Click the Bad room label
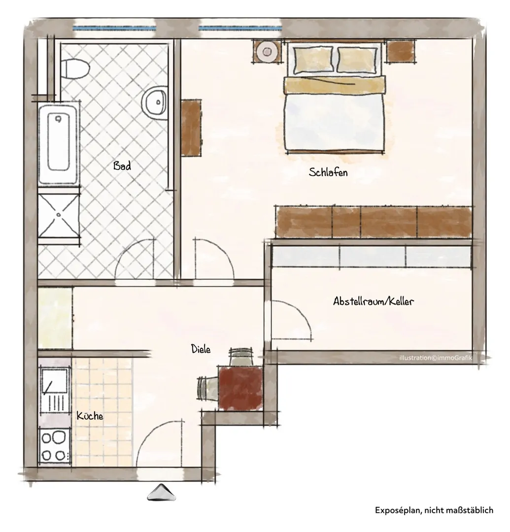[x=122, y=166]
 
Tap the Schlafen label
[x=328, y=172]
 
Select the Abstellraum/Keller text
[x=373, y=301]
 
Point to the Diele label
[x=201, y=349]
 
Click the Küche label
[x=90, y=416]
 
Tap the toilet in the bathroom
[x=75, y=68]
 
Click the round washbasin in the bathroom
[x=154, y=101]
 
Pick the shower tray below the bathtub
[x=58, y=214]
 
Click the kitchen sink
[x=55, y=390]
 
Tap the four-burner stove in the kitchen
[x=54, y=445]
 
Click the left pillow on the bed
[x=313, y=60]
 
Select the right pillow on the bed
[x=357, y=60]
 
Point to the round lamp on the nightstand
[x=267, y=52]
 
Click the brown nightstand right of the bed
[x=402, y=51]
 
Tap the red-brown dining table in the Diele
[x=240, y=388]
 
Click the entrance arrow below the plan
[x=162, y=492]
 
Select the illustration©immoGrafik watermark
[x=436, y=358]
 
